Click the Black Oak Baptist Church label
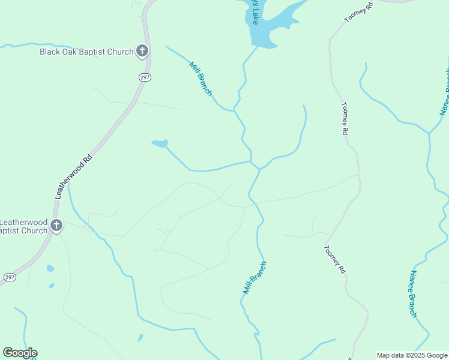[86, 52]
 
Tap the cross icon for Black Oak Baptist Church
[142, 50]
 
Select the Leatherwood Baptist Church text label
[23, 226]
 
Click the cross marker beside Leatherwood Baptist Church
[56, 226]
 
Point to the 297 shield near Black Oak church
[145, 77]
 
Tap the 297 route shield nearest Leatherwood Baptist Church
[10, 277]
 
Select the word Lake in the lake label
[255, 19]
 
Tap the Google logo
[20, 353]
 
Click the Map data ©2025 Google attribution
[412, 355]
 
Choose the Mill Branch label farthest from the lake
[255, 277]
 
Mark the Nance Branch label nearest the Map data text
[413, 293]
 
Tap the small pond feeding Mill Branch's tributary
[160, 143]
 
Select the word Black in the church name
[51, 52]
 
